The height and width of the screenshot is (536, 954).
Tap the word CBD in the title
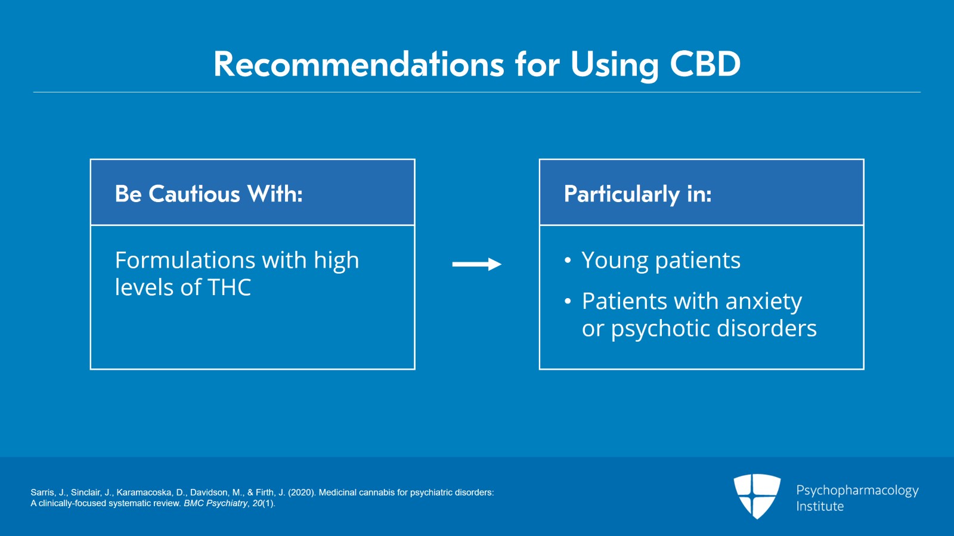pyautogui.click(x=705, y=64)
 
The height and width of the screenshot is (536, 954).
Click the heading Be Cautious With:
pyautogui.click(x=209, y=194)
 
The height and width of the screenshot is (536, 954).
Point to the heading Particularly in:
pyautogui.click(x=637, y=194)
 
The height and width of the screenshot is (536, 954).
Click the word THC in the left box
pyautogui.click(x=230, y=288)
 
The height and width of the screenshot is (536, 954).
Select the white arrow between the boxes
pyautogui.click(x=476, y=264)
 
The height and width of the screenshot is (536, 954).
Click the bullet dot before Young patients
pyautogui.click(x=568, y=261)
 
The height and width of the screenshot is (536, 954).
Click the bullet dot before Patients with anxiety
pyautogui.click(x=568, y=301)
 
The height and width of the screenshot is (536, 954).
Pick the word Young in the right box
pyautogui.click(x=615, y=261)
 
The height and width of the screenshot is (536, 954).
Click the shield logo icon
pyautogui.click(x=757, y=495)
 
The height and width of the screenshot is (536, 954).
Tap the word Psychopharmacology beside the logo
pyautogui.click(x=857, y=491)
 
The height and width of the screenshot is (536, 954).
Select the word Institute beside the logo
pyautogui.click(x=820, y=507)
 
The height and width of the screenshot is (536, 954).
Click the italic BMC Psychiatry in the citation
pyautogui.click(x=215, y=503)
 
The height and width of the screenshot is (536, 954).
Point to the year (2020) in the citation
pyautogui.click(x=302, y=492)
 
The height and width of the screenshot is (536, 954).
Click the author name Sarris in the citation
pyautogui.click(x=42, y=492)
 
